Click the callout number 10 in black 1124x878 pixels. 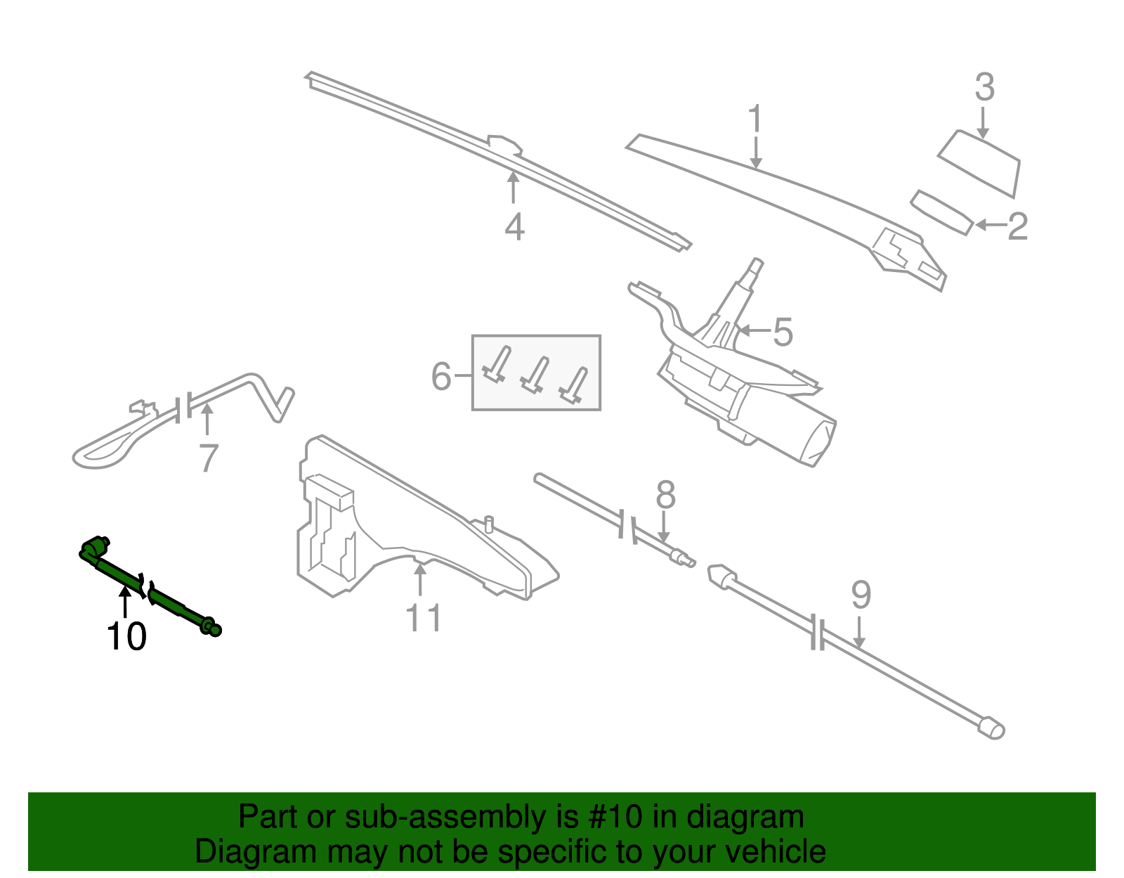(126, 637)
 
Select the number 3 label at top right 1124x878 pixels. (984, 88)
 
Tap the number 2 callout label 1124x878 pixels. (1017, 226)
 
